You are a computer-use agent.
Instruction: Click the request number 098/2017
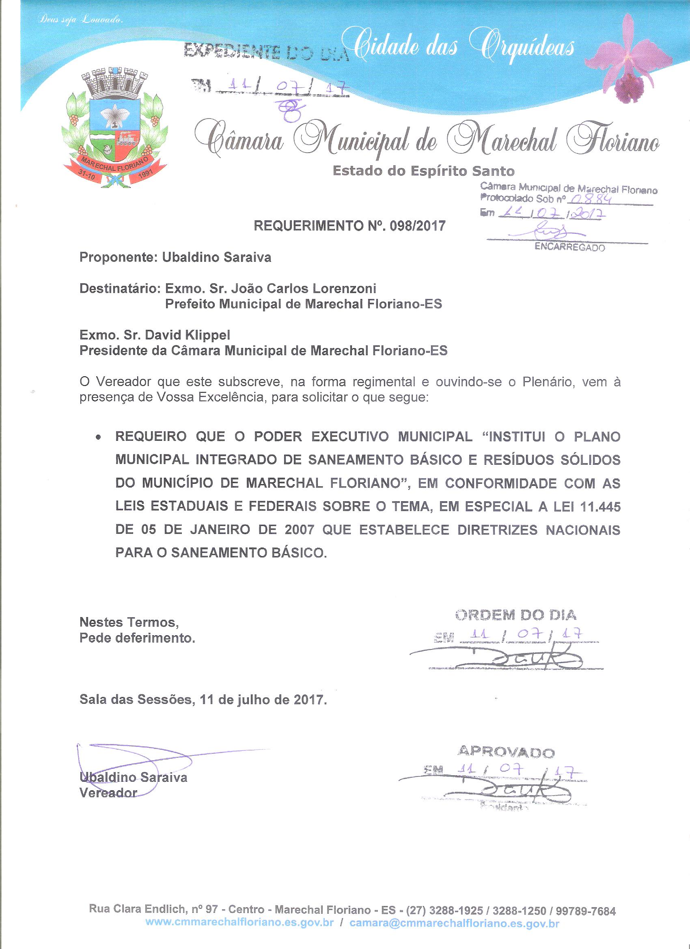417,226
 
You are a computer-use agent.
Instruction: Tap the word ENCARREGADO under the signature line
569,248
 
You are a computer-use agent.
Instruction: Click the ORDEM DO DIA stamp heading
515,615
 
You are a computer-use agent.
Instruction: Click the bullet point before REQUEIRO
98,437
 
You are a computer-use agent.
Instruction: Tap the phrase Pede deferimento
137,639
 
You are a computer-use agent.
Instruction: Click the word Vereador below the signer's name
108,792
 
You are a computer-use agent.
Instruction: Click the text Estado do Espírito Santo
423,171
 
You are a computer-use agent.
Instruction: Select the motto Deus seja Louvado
80,19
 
